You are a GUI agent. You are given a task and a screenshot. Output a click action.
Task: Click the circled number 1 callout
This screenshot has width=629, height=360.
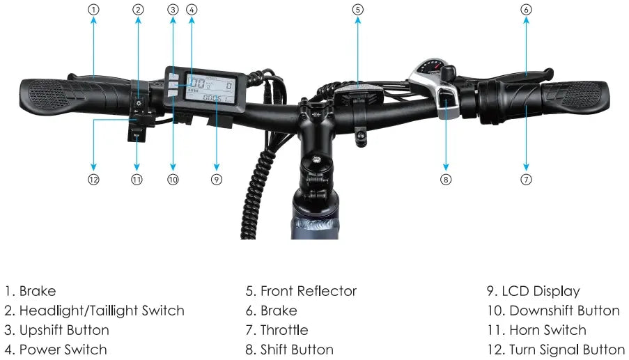pyautogui.click(x=93, y=10)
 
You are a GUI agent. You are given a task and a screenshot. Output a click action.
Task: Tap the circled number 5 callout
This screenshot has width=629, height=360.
pyautogui.click(x=358, y=10)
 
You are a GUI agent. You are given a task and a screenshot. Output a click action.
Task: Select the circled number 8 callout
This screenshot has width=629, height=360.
pyautogui.click(x=446, y=179)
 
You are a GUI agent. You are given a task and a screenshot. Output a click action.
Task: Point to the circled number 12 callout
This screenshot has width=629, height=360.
pyautogui.click(x=93, y=179)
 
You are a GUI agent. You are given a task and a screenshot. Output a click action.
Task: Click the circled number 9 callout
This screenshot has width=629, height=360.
pyautogui.click(x=217, y=179)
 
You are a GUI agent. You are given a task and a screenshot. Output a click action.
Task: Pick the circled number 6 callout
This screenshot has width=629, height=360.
pyautogui.click(x=527, y=10)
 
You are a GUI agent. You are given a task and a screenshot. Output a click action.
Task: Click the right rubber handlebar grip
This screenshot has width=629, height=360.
pyautogui.click(x=575, y=96)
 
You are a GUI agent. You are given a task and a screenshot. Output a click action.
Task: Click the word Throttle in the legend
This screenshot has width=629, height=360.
pyautogui.click(x=284, y=330)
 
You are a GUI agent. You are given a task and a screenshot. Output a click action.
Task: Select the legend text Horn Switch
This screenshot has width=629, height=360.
pyautogui.click(x=548, y=330)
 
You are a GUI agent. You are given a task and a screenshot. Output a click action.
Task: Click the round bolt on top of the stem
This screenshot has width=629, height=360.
pyautogui.click(x=316, y=159)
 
